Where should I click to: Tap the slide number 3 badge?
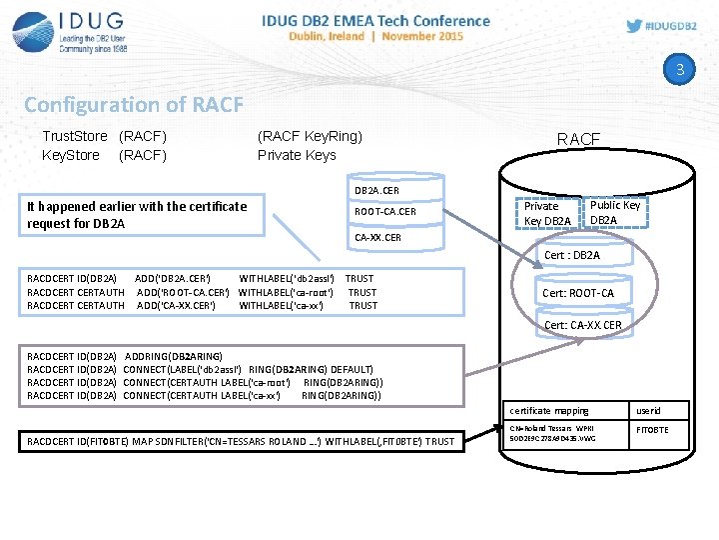coord(680,70)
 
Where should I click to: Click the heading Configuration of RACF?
coord(133,104)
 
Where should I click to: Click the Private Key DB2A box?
coord(547,213)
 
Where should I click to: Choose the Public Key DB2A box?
coord(615,212)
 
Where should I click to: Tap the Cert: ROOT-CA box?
coord(578,293)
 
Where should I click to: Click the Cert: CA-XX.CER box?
coord(582,325)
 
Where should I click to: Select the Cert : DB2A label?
coord(572,255)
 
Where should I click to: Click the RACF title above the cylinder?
coord(578,139)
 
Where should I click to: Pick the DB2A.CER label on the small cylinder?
coord(377,190)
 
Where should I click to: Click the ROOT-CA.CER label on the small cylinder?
coord(384,212)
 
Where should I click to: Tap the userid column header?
coord(648,410)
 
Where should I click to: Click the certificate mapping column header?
coord(548,410)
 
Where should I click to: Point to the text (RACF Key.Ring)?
coord(310,136)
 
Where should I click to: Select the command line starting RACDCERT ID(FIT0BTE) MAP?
coord(241,441)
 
